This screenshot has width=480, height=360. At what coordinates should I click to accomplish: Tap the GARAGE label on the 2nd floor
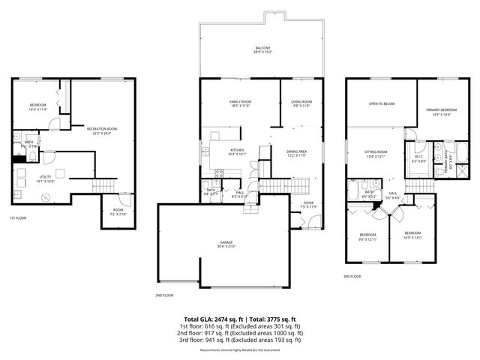226,244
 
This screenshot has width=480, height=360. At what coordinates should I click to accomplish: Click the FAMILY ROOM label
240,103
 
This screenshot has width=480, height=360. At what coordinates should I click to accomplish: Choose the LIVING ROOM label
301,103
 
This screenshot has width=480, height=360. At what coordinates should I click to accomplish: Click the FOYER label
308,204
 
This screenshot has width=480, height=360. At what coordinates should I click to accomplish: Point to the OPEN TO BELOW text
381,104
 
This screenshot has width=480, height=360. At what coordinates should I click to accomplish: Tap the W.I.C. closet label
418,158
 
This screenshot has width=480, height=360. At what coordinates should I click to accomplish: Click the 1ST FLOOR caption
18,218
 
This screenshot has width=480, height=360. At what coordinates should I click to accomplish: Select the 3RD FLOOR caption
352,276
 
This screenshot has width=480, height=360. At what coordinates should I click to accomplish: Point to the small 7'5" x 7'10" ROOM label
118,211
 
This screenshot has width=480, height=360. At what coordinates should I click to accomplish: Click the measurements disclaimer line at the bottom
239,350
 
